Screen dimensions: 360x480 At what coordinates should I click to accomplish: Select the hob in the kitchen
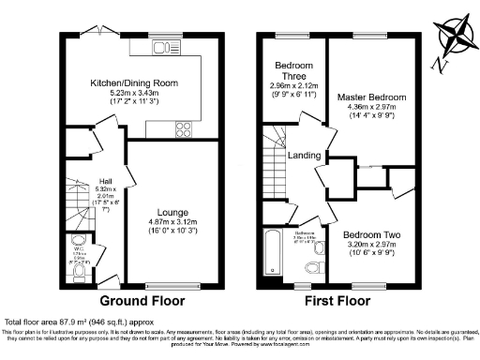182,128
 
